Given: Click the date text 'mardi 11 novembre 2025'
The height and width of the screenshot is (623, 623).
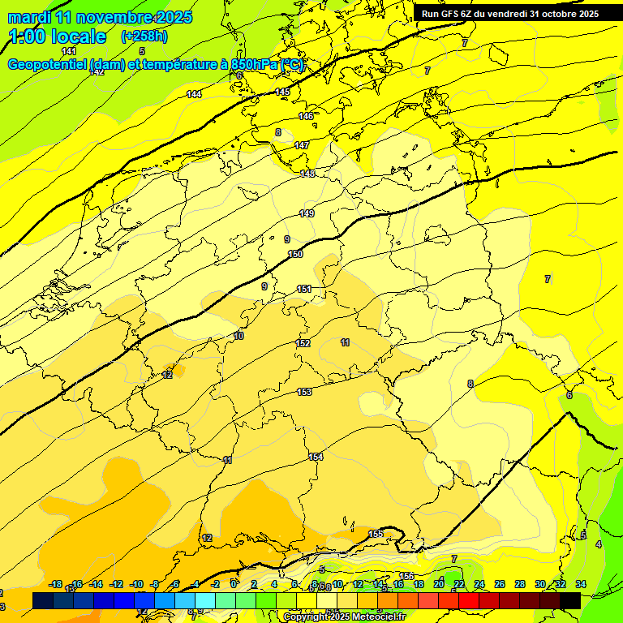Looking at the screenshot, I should (x=100, y=17).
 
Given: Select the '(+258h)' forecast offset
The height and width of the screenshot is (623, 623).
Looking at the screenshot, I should (x=145, y=37).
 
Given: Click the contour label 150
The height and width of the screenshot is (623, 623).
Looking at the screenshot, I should (x=295, y=255).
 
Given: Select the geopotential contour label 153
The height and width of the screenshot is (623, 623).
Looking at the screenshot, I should (x=304, y=393).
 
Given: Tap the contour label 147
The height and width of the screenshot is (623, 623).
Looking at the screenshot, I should (x=302, y=145).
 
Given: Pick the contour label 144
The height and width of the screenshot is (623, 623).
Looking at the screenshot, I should (x=194, y=95).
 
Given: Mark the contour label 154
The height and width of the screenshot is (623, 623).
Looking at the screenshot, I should (x=316, y=458).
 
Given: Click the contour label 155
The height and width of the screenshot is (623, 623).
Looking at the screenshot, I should (x=376, y=534).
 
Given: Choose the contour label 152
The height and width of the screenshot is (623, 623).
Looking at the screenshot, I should (x=303, y=344).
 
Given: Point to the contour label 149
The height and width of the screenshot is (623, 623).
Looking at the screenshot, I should (x=307, y=213).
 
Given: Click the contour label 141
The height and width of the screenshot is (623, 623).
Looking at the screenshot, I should (x=69, y=51).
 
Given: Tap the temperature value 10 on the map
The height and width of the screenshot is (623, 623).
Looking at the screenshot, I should (x=238, y=336).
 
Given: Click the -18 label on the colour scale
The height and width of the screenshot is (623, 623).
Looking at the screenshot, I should (x=56, y=584).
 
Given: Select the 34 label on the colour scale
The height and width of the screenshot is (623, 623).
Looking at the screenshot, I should (x=580, y=584).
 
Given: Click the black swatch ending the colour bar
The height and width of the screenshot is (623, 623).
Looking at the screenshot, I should (x=570, y=600).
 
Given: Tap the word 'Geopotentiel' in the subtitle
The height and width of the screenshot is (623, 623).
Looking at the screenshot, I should (x=48, y=65).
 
